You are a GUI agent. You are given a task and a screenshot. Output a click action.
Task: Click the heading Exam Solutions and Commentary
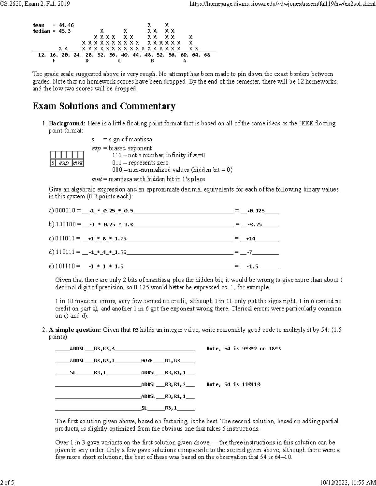pos(104,106)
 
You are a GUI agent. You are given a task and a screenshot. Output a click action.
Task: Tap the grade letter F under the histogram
pos(54,61)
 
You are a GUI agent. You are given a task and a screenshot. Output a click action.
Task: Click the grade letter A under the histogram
pos(185,61)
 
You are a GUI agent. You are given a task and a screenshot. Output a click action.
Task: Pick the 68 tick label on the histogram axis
pos(207,55)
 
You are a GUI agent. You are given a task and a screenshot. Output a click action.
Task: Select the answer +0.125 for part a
pos(256,211)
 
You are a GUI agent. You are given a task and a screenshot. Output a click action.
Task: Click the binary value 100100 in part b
pos(65,224)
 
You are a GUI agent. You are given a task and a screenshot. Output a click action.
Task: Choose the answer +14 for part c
pos(251,239)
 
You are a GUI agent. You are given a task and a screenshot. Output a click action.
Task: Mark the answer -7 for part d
pos(249,253)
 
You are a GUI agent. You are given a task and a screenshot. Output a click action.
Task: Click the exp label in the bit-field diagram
pos(64,163)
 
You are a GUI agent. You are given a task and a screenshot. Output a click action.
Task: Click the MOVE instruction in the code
pos(147,361)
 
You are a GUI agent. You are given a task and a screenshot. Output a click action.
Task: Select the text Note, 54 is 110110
pos(233,384)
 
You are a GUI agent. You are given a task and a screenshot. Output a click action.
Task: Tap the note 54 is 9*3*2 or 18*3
pos(243,349)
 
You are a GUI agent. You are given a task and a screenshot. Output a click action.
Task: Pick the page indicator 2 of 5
pos(7,482)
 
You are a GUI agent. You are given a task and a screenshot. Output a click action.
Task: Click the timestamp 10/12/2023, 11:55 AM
pos(346,482)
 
